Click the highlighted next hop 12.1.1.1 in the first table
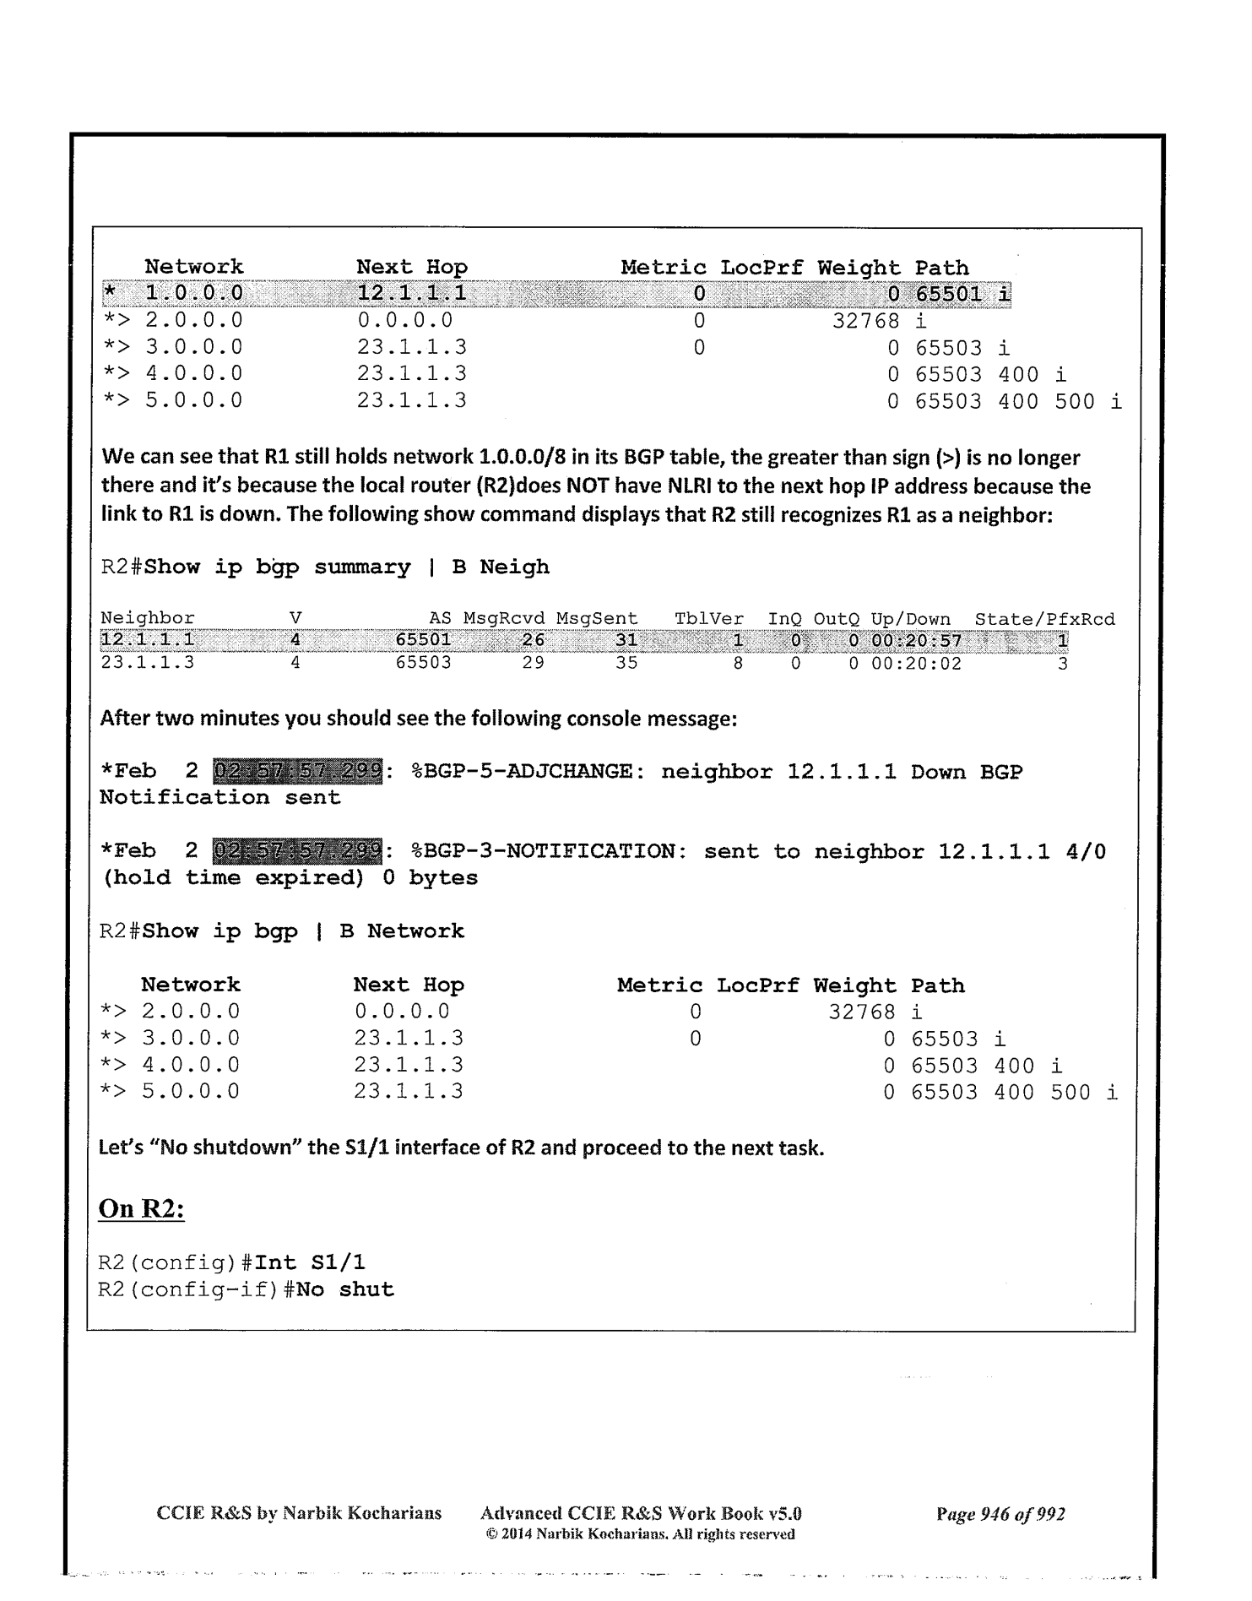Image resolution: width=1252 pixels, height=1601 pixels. point(411,294)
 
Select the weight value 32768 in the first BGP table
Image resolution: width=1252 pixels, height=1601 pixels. point(865,321)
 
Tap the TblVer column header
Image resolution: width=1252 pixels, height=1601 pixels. point(708,619)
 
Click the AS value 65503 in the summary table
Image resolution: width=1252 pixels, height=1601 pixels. point(423,663)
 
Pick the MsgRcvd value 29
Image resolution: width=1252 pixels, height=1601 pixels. point(533,663)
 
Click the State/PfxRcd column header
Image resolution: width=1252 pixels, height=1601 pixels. point(1044,619)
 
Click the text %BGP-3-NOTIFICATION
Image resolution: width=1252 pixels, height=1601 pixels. point(542,851)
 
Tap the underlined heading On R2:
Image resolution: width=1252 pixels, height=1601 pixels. point(141,1208)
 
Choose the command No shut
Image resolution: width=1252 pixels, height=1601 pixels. point(344,1289)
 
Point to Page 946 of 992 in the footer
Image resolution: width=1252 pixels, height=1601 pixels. point(1000,1513)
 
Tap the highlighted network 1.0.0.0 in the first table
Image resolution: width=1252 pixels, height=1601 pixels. point(193,294)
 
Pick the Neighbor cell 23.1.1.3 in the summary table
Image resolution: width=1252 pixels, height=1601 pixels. point(147,663)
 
